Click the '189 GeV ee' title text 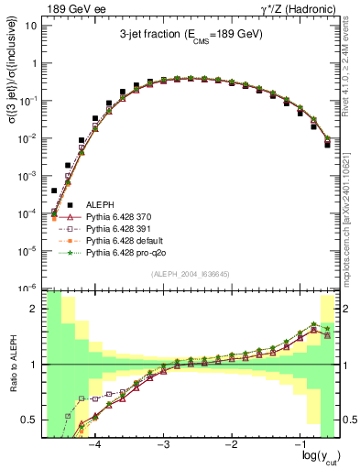71,8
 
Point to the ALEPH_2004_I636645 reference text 191,273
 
